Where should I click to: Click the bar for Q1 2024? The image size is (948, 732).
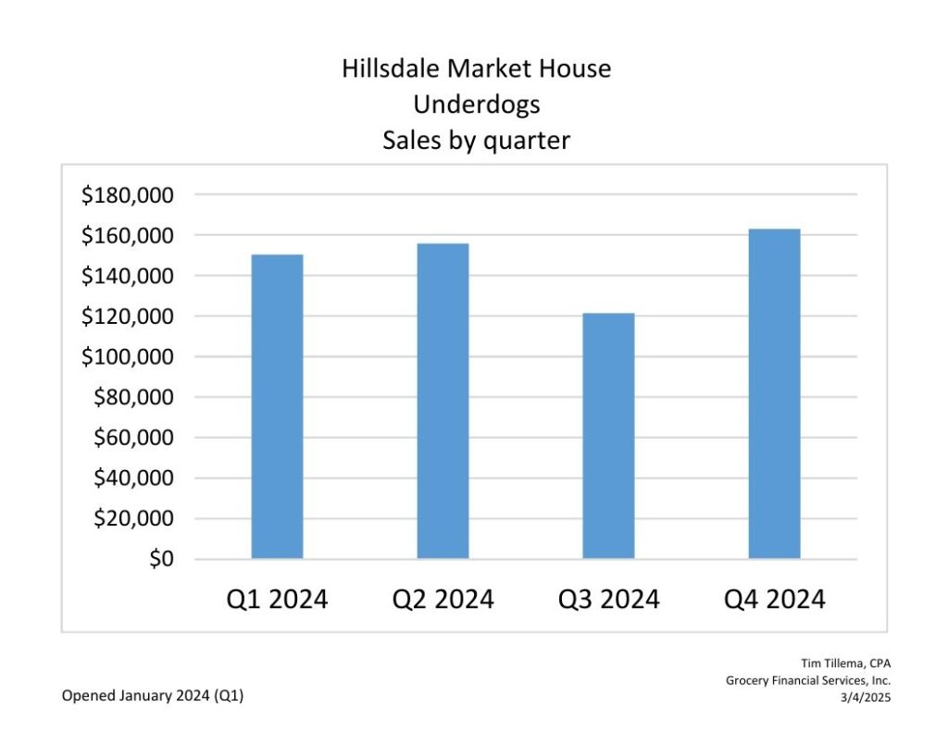[277, 406]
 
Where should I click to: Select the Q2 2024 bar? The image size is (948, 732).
[443, 401]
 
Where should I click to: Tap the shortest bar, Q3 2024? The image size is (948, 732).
[608, 436]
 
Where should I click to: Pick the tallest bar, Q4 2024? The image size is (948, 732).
[774, 393]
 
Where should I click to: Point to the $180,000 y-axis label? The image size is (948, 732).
[128, 195]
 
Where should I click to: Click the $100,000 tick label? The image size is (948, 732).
[128, 357]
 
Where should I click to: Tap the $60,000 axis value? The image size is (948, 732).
[134, 438]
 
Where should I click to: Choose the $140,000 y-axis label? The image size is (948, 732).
[128, 276]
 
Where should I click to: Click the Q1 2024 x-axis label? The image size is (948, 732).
[277, 600]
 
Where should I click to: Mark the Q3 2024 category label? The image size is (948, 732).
[608, 600]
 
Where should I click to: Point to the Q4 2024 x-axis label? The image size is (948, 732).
[774, 600]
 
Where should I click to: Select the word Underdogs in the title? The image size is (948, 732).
[476, 105]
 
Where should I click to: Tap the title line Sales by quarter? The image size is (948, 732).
[476, 141]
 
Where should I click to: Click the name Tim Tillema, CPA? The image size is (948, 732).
[846, 663]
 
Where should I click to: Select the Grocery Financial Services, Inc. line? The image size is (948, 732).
[808, 680]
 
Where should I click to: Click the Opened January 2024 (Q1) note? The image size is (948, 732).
[153, 696]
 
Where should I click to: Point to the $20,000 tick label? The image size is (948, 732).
[134, 518]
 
